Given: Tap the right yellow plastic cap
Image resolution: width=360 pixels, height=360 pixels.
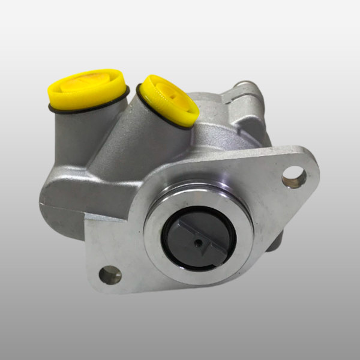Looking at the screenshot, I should click(x=170, y=98).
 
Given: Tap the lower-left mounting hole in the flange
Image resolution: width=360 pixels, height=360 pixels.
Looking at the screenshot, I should click(x=110, y=275).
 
